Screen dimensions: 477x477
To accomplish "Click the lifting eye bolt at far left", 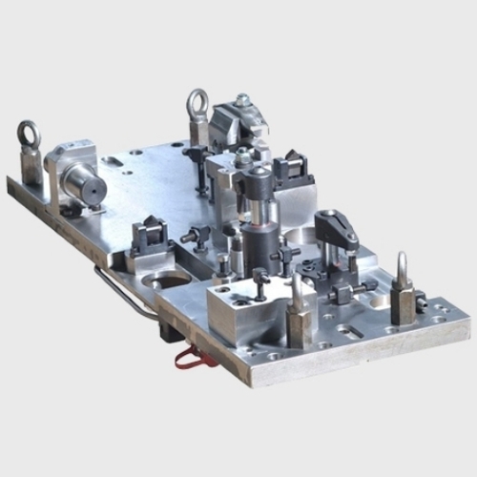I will tap(29, 135).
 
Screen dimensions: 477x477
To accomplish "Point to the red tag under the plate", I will tap(190, 358).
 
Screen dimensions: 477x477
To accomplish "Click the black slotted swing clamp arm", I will tap(336, 226).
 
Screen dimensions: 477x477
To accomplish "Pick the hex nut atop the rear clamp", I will tap(243, 99).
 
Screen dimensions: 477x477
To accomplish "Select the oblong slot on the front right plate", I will tap(348, 330).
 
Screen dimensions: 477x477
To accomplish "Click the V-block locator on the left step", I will tap(151, 232).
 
